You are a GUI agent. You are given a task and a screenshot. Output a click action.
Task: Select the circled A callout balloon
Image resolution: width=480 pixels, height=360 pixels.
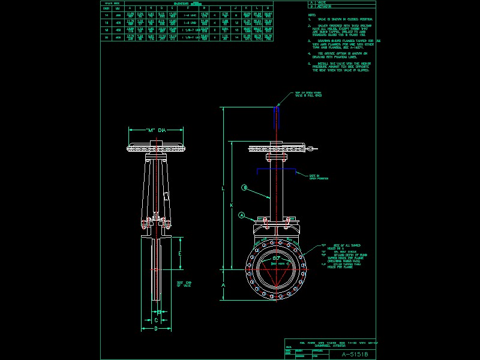point(242,214)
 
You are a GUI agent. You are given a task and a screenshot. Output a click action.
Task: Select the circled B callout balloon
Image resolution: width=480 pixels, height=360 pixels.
point(244,187)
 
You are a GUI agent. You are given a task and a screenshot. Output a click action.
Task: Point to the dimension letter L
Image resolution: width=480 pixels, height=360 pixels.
point(223,188)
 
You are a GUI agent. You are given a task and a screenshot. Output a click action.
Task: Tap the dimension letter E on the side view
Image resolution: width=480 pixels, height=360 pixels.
point(180,254)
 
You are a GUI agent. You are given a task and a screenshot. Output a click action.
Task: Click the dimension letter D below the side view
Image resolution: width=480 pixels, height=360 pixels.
point(155,329)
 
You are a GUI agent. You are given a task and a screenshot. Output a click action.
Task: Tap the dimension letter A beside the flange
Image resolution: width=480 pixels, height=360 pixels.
point(224,286)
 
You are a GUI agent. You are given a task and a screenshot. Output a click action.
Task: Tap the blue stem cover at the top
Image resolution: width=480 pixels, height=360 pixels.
point(277,114)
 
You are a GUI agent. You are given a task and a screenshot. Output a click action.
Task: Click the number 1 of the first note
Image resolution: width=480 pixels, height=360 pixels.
point(308,19)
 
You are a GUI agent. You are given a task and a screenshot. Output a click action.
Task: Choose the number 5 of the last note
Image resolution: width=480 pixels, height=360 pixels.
point(309,62)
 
